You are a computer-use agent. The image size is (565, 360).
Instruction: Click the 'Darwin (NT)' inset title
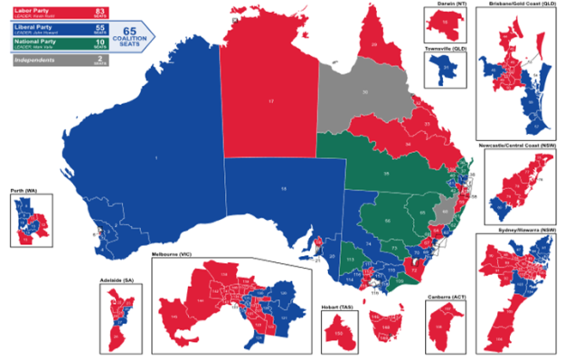click(440, 5)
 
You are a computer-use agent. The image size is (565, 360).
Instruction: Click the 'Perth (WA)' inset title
click(22, 193)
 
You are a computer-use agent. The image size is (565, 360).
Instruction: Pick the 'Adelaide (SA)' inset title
click(118, 280)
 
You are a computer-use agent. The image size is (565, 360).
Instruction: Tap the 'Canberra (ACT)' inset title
click(443, 295)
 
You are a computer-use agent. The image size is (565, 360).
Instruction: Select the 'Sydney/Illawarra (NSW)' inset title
click(522, 231)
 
